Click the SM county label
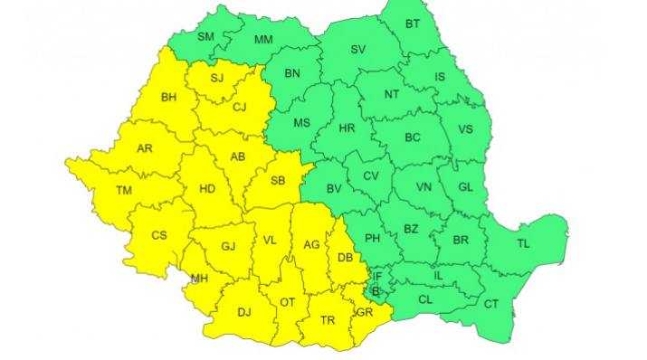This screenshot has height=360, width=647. pos(205,36)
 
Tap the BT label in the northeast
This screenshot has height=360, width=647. pos(413,24)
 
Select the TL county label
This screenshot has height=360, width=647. pos(524,243)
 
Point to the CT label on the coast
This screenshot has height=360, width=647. pos(491,304)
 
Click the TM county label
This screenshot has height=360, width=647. pos(125,190)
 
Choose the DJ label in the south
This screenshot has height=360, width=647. pos(243,313)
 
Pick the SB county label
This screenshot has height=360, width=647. pos(278,181)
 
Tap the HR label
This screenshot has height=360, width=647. pos(346,129)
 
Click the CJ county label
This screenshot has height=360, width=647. pos(240,107)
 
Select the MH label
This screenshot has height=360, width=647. pos(199,279)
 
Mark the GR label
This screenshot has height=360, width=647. pos(365,313)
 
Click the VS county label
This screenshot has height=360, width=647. pos(465,129)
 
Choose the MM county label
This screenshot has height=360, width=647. pos(263,40)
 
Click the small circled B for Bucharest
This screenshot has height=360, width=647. pos(376,291)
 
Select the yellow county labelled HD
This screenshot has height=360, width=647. pos(206,189)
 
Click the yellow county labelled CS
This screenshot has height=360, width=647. pos(159,235)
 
